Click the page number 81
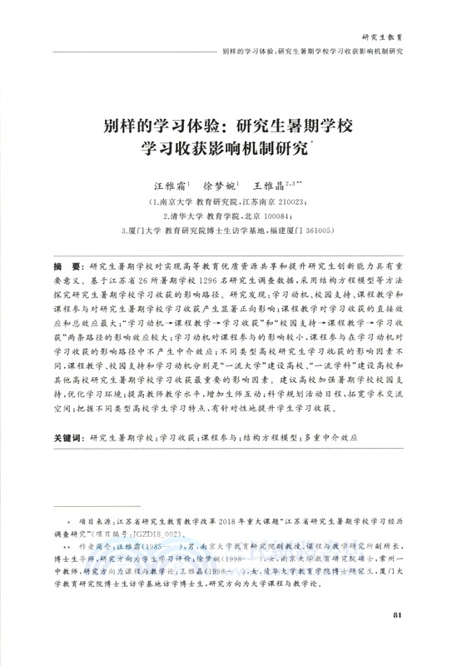[x=397, y=639]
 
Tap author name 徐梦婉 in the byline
[x=220, y=186]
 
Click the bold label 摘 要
[x=67, y=265]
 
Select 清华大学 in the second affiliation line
[x=185, y=216]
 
